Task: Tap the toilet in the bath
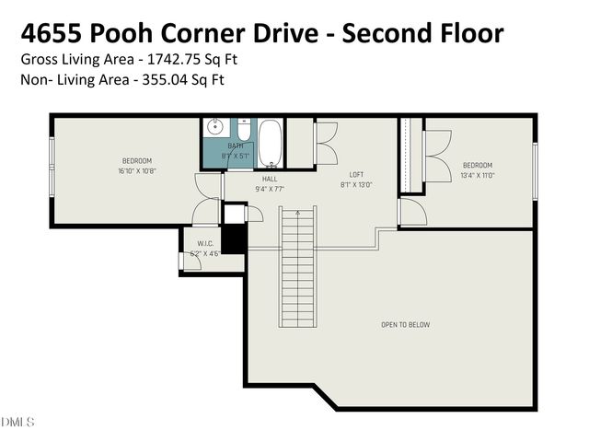coord(243,129)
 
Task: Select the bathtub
coord(270,143)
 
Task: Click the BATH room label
coord(236,145)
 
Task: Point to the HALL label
coord(270,179)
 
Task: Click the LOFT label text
coord(356,174)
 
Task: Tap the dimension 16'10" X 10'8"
coord(136,171)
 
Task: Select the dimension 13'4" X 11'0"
coord(478,175)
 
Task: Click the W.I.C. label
coord(203,244)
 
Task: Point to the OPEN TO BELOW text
coord(405,324)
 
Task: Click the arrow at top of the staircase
coord(297,215)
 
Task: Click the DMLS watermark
coord(17,422)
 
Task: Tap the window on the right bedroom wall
coord(534,170)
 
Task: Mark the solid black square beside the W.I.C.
coord(234,239)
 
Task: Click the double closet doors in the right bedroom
coord(436,147)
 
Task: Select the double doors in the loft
coord(326,143)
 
